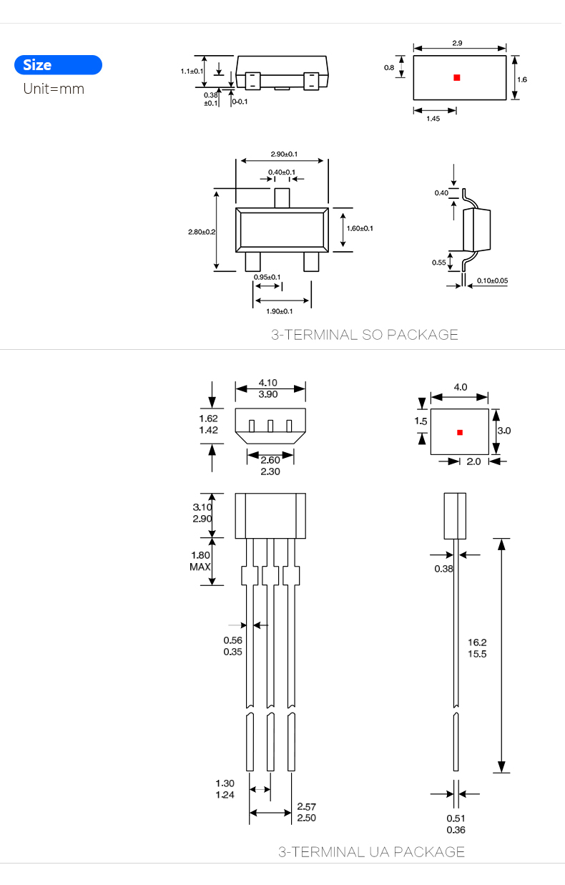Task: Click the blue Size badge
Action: [x=58, y=65]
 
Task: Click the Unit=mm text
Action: [x=54, y=89]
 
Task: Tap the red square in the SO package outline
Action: [x=457, y=77]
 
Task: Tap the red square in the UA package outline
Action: [x=460, y=433]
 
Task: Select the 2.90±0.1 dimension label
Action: [x=284, y=154]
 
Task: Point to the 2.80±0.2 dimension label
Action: [x=202, y=232]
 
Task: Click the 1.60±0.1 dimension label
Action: [x=360, y=228]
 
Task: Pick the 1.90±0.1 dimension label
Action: [x=280, y=311]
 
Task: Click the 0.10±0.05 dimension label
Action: [x=492, y=280]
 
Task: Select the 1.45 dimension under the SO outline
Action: [x=433, y=119]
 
